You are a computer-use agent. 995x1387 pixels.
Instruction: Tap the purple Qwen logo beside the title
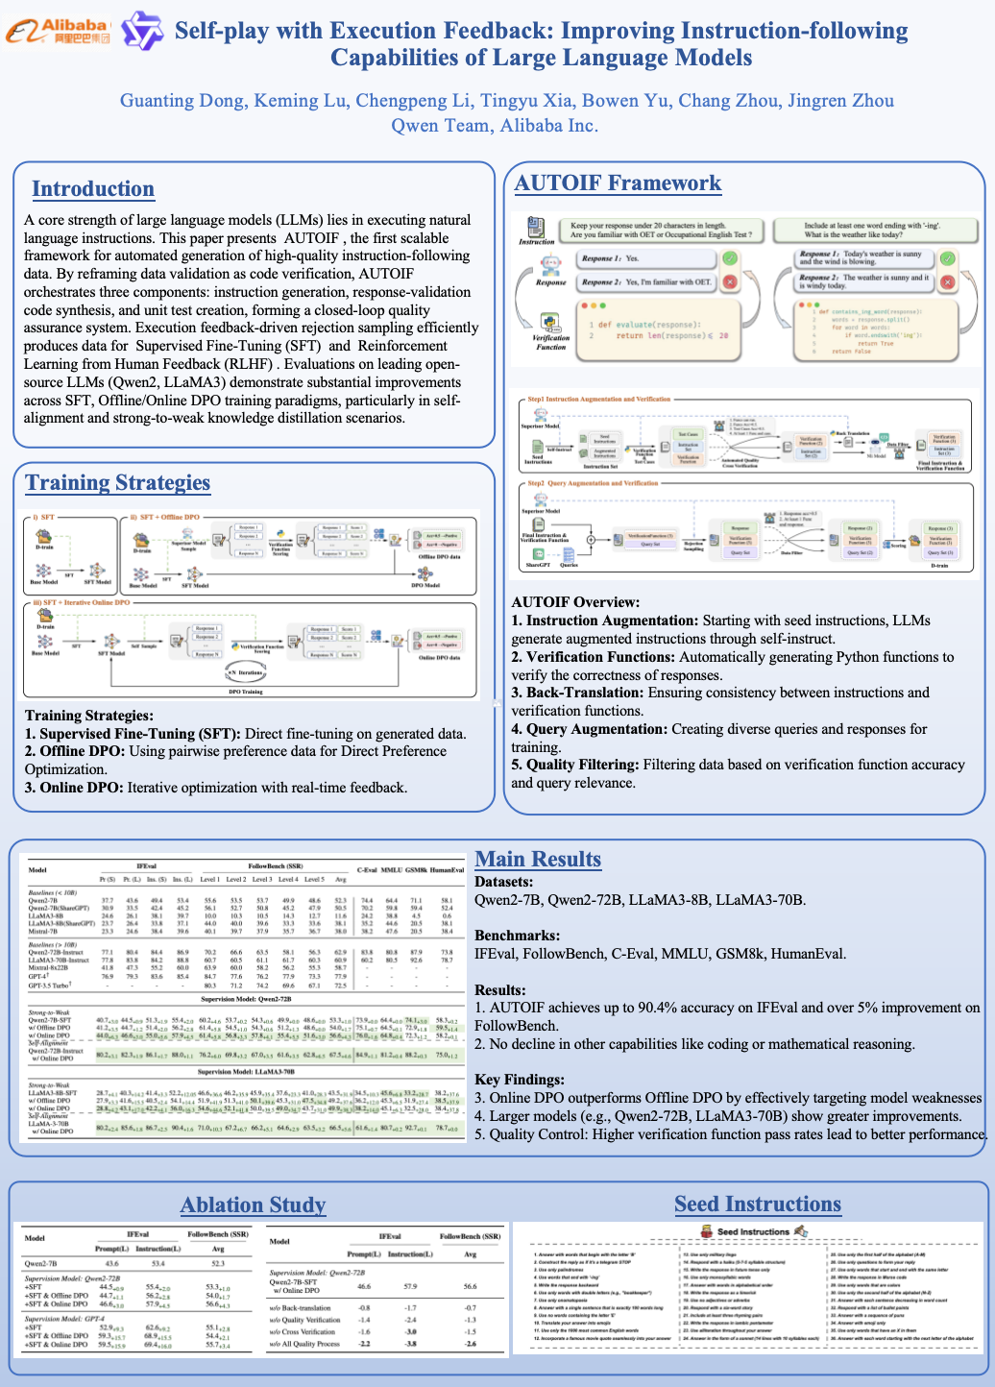click(x=141, y=32)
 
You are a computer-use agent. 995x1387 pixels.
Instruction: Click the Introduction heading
click(x=93, y=188)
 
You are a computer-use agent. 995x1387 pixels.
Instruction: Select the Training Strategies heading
click(x=117, y=482)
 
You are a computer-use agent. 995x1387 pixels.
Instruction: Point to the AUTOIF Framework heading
click(x=618, y=183)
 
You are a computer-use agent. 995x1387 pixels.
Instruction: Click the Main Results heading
click(x=538, y=860)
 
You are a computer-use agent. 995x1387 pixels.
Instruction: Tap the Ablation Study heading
click(x=254, y=1205)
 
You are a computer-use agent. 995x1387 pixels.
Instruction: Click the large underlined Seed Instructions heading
click(x=757, y=1204)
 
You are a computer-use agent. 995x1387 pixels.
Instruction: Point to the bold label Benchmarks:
click(x=517, y=936)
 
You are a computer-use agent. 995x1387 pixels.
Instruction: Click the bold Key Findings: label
click(x=520, y=1080)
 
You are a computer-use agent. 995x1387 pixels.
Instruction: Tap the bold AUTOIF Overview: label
click(x=575, y=602)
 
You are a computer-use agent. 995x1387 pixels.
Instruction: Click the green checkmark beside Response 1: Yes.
click(x=729, y=258)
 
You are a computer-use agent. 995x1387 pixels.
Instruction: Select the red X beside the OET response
click(x=729, y=282)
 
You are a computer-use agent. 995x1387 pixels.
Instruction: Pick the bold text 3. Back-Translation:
click(x=578, y=693)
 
